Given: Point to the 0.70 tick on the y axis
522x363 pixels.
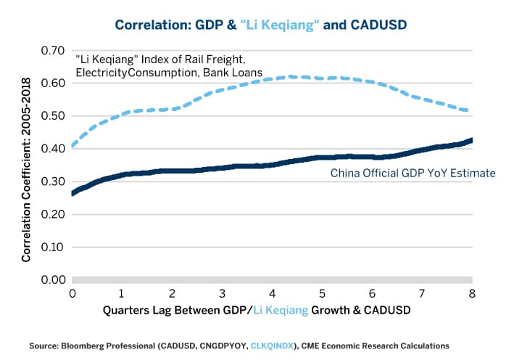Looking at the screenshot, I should (x=54, y=51).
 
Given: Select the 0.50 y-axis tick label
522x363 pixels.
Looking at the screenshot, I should (x=54, y=116).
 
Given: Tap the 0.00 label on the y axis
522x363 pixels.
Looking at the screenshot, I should (x=54, y=280).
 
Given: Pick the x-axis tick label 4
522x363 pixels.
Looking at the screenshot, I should (x=272, y=293).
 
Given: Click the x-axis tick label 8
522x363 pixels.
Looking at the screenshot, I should (x=471, y=293).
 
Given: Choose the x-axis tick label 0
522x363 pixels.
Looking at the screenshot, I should (x=72, y=293).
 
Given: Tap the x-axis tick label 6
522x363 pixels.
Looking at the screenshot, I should (x=372, y=293).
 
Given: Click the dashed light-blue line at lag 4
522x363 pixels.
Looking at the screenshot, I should (x=272, y=78).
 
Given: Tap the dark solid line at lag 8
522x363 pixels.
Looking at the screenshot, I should (x=471, y=140).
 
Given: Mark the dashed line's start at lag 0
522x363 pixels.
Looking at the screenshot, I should (x=73, y=145).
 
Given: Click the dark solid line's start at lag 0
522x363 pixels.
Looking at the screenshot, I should (x=73, y=192).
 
